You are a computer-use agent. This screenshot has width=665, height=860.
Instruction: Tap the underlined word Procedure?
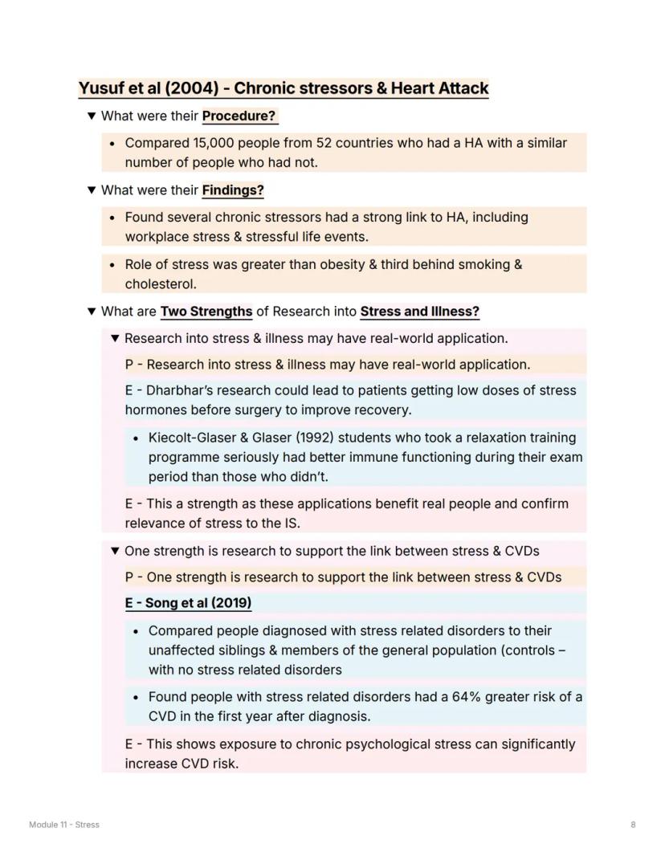[x=239, y=116]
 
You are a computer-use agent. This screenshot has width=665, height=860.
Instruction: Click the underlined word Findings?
[x=233, y=190]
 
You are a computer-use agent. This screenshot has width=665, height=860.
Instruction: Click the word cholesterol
[x=160, y=283]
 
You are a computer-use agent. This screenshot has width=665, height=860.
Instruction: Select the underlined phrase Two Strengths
[x=206, y=311]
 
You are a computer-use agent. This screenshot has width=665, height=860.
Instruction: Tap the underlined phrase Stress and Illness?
[x=419, y=311]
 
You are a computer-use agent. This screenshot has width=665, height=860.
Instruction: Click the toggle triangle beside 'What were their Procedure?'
[x=92, y=116]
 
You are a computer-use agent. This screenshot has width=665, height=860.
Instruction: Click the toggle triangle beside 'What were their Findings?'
[x=92, y=190]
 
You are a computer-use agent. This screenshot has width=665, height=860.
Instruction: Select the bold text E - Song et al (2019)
[x=188, y=603]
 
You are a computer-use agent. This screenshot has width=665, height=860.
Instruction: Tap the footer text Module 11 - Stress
[x=64, y=825]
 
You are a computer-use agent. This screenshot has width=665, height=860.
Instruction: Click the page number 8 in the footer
[x=633, y=825]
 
